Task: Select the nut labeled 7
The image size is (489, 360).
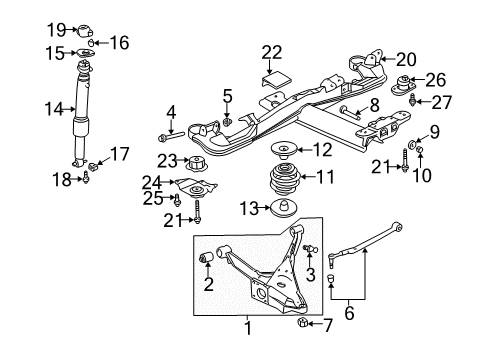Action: point(299,323)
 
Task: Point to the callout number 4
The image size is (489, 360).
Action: point(171,111)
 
